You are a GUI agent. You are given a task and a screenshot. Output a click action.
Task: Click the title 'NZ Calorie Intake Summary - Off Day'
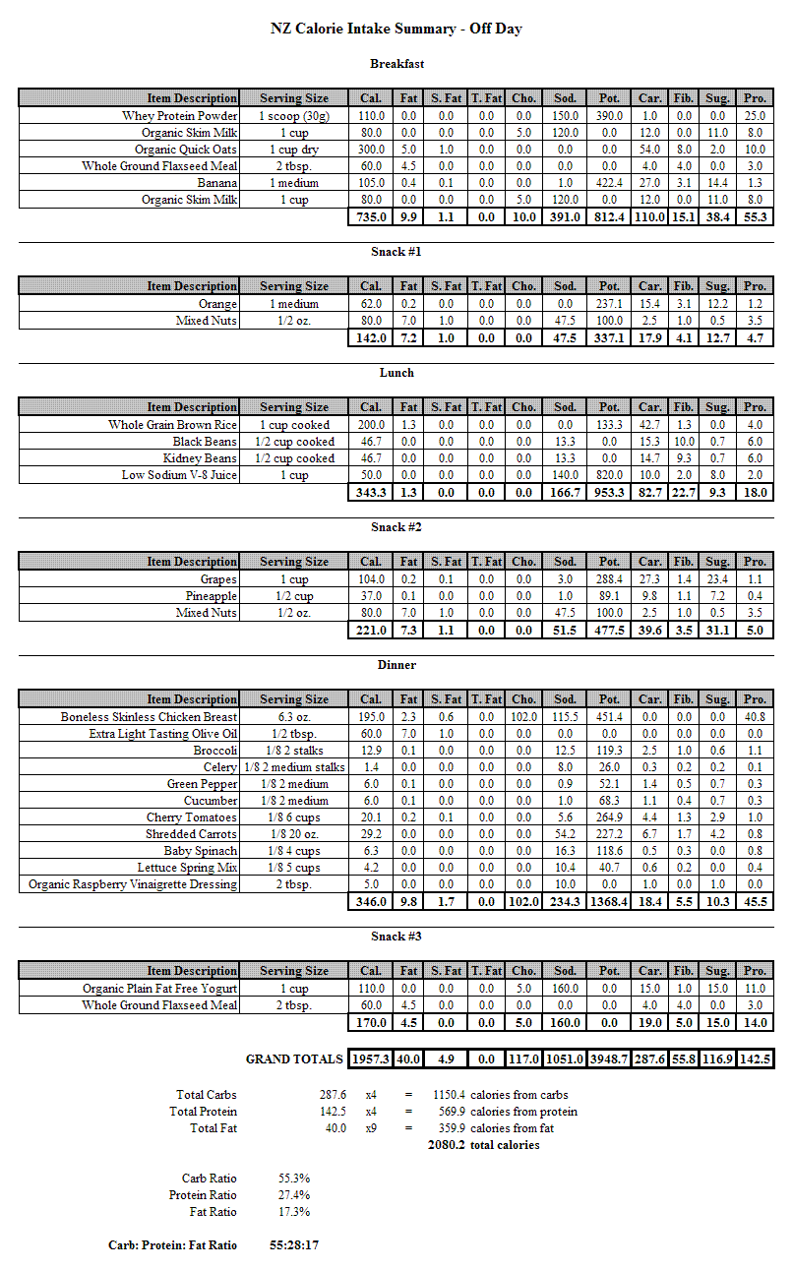(396, 29)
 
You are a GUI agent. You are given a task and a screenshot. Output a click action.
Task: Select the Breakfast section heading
(396, 64)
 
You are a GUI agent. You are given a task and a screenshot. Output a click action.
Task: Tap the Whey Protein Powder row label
(179, 116)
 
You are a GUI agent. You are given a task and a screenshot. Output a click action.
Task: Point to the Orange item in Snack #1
(218, 304)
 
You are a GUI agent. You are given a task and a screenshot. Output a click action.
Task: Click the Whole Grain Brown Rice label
(173, 425)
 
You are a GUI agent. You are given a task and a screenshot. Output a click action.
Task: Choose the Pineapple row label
(212, 596)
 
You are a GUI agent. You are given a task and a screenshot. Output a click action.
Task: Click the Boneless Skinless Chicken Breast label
(149, 717)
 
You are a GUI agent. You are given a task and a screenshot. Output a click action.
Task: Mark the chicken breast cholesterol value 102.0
(523, 717)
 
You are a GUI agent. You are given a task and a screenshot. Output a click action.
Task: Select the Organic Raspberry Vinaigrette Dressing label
(133, 884)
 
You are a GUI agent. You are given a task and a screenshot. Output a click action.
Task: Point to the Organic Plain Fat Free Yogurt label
(160, 989)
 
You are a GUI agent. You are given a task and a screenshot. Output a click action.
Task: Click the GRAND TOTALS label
(295, 1059)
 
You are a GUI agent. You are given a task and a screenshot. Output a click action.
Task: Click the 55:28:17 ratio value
(294, 1245)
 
